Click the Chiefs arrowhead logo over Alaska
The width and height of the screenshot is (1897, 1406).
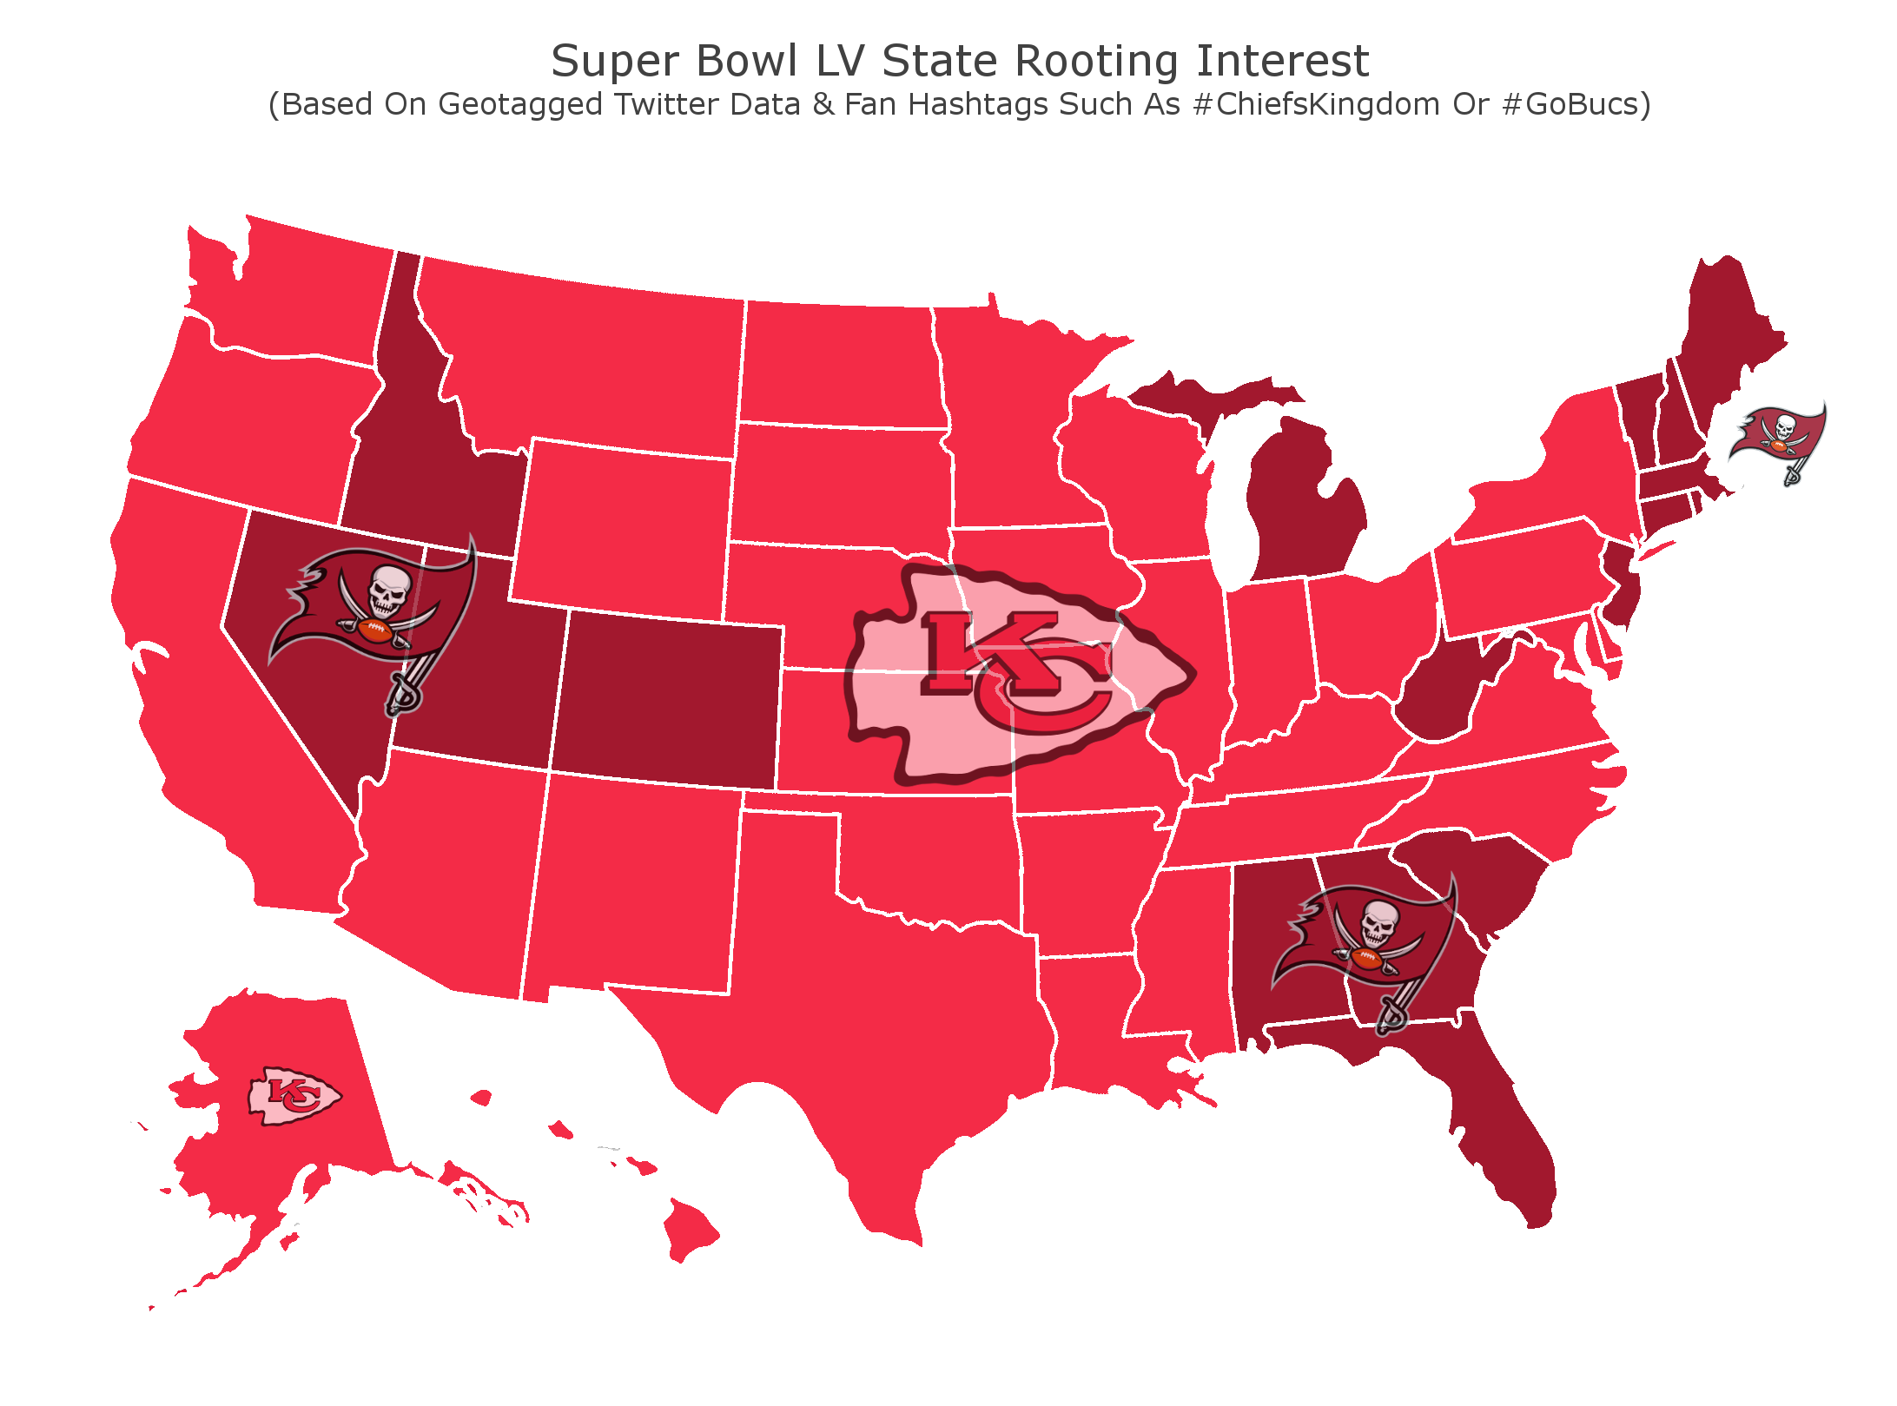click(x=294, y=1096)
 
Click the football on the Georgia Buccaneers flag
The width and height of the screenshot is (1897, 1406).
click(x=1366, y=959)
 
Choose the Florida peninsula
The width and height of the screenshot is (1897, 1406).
click(x=1503, y=1129)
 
